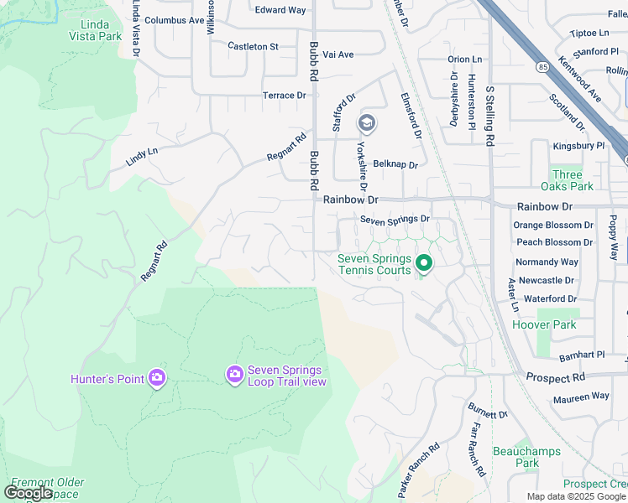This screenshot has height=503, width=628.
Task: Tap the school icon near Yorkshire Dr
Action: pyautogui.click(x=366, y=124)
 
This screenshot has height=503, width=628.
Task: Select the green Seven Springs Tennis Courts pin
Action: pyautogui.click(x=424, y=264)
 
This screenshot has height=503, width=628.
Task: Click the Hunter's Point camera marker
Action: pyautogui.click(x=156, y=379)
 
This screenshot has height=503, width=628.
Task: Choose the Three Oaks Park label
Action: pyautogui.click(x=568, y=180)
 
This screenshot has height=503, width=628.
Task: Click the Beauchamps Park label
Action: pyautogui.click(x=515, y=457)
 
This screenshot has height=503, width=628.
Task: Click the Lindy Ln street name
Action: pyautogui.click(x=141, y=157)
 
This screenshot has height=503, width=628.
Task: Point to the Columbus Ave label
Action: pyautogui.click(x=174, y=20)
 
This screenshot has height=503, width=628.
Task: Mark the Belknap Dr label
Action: pyautogui.click(x=395, y=164)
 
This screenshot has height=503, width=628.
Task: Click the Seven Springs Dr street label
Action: pyautogui.click(x=395, y=220)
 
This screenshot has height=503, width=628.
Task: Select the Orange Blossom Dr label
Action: pyautogui.click(x=552, y=226)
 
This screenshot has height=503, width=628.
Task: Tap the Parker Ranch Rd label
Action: pyautogui.click(x=419, y=471)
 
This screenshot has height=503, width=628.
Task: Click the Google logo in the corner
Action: pyautogui.click(x=28, y=493)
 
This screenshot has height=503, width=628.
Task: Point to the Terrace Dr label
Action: pyautogui.click(x=284, y=96)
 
